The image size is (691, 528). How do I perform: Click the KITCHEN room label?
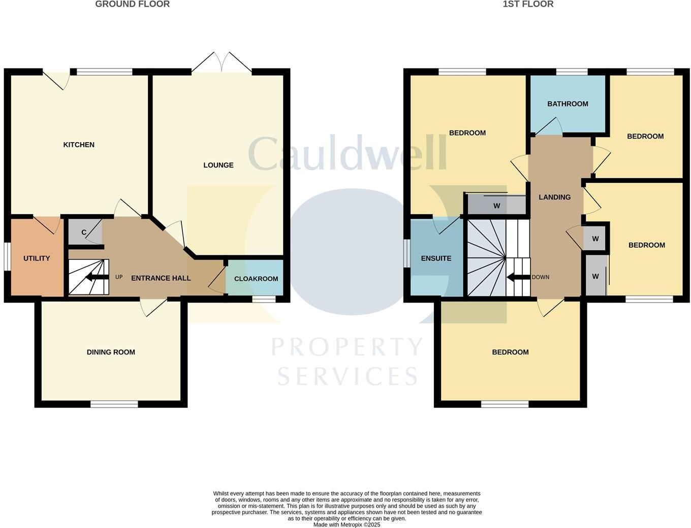click(79, 145)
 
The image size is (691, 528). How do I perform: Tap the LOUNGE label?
click(218, 165)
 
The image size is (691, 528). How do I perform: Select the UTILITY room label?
click(37, 258)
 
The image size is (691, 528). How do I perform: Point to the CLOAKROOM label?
click(256, 279)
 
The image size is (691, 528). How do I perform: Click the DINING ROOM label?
click(111, 352)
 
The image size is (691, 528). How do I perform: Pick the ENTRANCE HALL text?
click(161, 278)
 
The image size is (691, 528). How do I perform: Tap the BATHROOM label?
click(568, 104)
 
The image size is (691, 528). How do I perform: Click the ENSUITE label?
click(436, 258)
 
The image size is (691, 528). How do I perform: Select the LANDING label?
click(554, 197)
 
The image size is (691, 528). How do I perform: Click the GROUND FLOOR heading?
click(133, 4)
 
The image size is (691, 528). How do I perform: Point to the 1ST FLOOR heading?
click(528, 4)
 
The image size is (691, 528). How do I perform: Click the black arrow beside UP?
click(97, 277)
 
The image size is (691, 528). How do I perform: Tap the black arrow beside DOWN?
click(518, 277)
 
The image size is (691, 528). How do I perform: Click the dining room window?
click(114, 404)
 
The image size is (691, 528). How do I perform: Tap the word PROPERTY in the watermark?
click(347, 347)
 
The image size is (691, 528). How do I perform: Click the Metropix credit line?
click(347, 525)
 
